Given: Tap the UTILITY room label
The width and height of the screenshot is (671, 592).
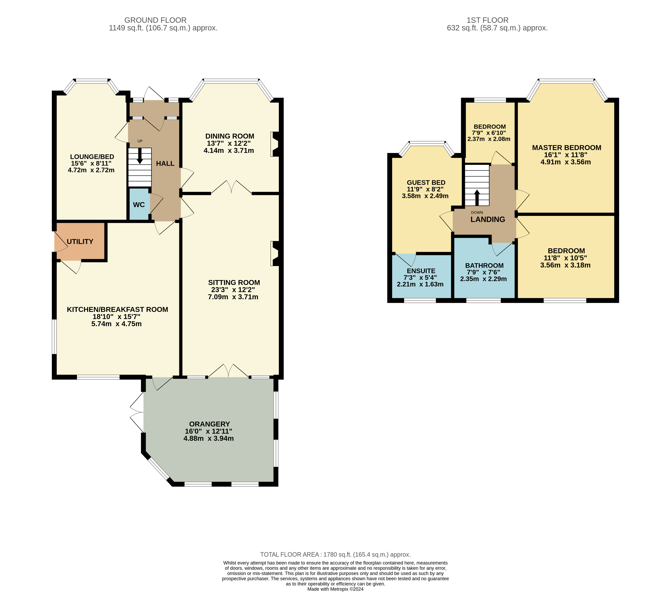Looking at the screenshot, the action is click(x=80, y=242).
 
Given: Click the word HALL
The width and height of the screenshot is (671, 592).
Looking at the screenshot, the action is click(x=165, y=164).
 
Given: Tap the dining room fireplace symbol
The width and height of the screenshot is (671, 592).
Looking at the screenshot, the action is click(x=275, y=144).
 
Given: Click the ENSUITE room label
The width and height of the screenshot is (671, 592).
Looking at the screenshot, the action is click(x=421, y=271).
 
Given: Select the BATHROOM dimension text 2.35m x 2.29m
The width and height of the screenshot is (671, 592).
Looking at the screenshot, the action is click(x=483, y=279).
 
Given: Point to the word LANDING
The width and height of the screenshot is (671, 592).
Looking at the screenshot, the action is click(x=488, y=219).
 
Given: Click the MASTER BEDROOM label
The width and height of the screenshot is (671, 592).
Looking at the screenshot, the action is click(x=567, y=148).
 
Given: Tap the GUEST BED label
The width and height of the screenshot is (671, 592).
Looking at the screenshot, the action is click(x=426, y=183).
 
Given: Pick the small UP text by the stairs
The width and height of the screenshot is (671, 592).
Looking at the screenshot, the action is click(x=140, y=141).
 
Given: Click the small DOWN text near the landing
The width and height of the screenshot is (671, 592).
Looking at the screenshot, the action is click(x=477, y=212).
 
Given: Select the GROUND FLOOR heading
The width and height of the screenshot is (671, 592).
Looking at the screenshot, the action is click(x=155, y=20).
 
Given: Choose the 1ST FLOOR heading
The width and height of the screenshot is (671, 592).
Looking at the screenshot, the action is click(x=488, y=20).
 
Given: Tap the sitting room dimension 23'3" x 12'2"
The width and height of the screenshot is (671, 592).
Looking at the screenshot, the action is click(x=233, y=290).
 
